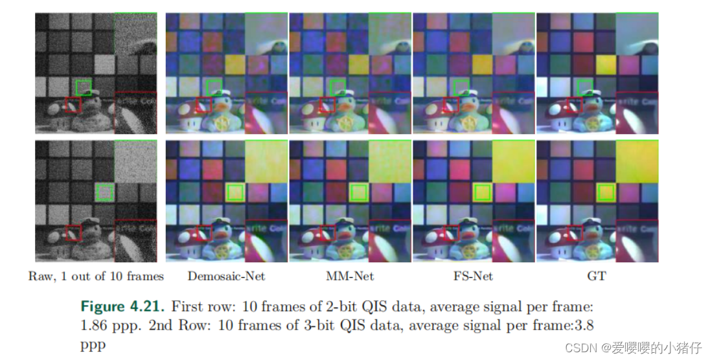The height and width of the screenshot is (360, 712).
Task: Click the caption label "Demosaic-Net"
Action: point(226,276)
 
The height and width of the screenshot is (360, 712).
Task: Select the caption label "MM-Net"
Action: point(350,276)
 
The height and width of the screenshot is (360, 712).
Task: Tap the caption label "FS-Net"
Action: point(473,276)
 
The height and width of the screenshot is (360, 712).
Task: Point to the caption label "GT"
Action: point(596,276)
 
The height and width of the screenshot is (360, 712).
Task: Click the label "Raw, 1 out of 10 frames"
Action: point(96,276)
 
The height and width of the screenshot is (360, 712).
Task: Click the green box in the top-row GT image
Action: point(584,87)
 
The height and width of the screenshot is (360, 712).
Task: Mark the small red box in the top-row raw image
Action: point(73,105)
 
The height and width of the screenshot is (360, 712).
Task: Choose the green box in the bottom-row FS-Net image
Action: point(482,192)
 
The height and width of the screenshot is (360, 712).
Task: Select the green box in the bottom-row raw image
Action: point(104,192)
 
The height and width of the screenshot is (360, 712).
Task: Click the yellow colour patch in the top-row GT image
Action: point(604,64)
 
